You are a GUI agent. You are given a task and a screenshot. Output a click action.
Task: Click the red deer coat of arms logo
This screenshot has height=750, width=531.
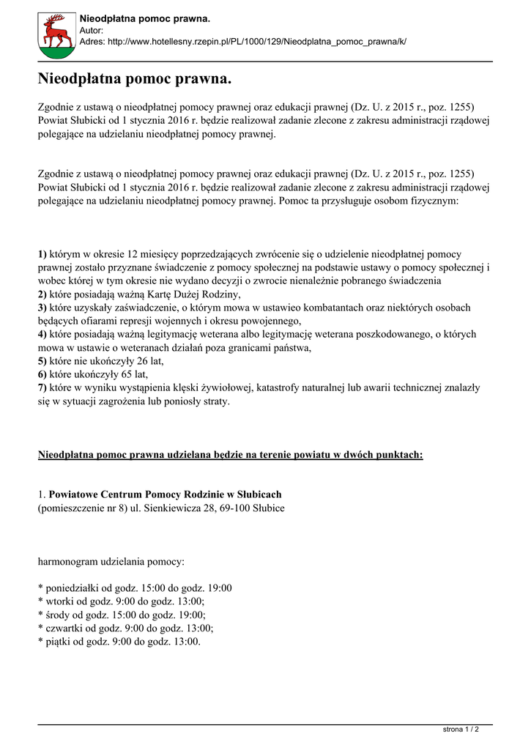(x=56, y=36)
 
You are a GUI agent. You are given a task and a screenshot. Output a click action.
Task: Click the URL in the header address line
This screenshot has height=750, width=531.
(x=256, y=42)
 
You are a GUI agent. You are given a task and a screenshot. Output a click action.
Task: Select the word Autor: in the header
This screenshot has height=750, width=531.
(x=92, y=30)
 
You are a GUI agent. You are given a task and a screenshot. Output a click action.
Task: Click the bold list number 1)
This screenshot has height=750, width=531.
(x=42, y=254)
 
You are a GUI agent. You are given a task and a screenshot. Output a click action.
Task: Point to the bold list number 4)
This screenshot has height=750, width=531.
(x=42, y=335)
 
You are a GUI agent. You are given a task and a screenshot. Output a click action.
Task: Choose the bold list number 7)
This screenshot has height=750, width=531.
(x=42, y=388)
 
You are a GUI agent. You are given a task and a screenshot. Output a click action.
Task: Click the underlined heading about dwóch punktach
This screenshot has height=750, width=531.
(x=230, y=455)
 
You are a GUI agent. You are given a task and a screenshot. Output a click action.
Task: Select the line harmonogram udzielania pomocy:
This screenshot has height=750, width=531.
(x=111, y=562)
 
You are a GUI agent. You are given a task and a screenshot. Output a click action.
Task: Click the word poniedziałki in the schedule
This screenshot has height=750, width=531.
(x=72, y=588)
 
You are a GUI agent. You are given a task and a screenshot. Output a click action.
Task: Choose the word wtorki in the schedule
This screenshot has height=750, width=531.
(x=61, y=601)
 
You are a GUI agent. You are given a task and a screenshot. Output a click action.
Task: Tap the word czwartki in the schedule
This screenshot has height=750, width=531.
(x=66, y=628)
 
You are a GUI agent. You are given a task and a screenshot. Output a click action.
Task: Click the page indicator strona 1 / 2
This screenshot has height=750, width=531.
(x=461, y=729)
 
